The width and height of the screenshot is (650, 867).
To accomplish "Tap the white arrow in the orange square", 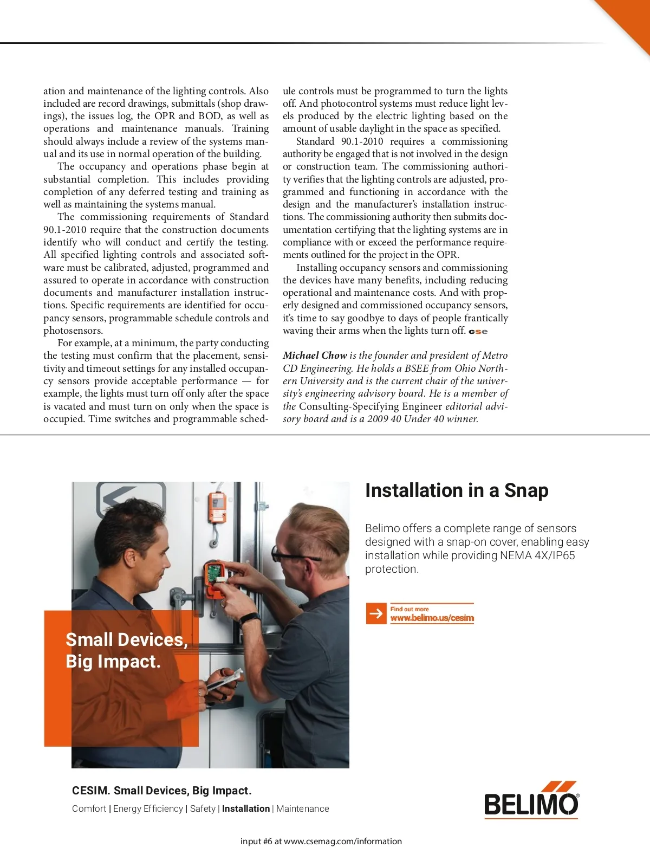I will coord(376,613).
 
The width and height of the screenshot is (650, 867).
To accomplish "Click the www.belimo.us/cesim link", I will coord(432,618).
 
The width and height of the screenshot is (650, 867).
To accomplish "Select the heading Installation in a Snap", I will coord(457,490).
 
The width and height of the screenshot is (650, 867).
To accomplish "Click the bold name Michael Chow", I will coord(315,355).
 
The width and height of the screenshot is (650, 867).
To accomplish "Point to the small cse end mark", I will coord(478,332).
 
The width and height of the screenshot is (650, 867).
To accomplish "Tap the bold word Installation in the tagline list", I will coord(246,808).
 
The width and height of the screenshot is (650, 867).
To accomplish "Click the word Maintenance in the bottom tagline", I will coord(302,808).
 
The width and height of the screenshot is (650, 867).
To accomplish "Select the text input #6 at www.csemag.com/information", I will coord(321,842).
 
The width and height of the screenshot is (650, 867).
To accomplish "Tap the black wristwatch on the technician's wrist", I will coord(250,619).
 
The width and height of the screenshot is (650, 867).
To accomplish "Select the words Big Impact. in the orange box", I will coord(113,662).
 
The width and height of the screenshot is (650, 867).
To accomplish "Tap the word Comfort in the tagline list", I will coord(89,808).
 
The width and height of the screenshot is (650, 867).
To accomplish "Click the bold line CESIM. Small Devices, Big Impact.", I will coord(162,791).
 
